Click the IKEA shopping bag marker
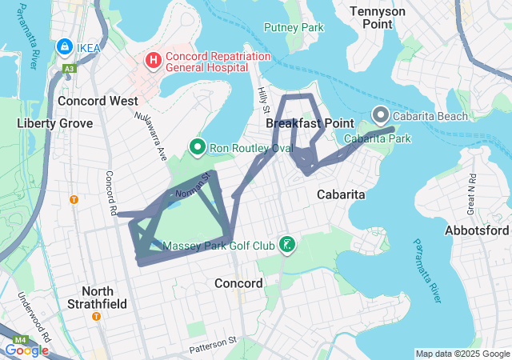(62, 48)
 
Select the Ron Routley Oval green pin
(196, 147)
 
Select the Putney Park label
(294, 27)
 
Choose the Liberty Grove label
(54, 123)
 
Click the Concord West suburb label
(98, 102)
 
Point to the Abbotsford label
(477, 230)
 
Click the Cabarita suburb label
(341, 194)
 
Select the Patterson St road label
(214, 345)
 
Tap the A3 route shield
(70, 70)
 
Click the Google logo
(26, 350)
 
